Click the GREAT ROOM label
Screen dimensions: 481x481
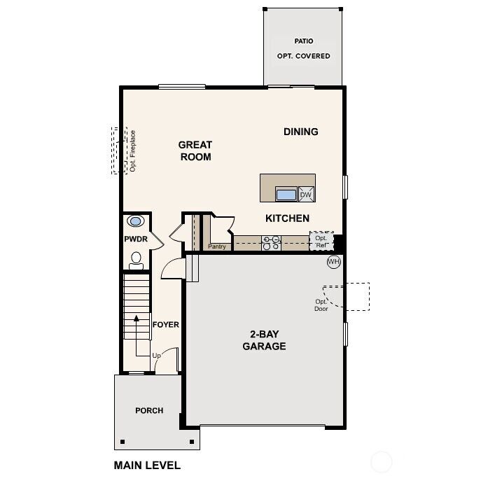pos(195,151)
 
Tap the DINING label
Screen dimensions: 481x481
pos(301,132)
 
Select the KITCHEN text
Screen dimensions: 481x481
pos(287,218)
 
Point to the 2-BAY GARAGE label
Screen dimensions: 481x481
pos(264,340)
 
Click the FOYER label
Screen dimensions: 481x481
pos(166,325)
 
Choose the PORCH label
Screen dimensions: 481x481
pos(149,411)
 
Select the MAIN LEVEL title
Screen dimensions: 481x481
pos(147,465)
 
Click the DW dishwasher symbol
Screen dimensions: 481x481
pos(306,195)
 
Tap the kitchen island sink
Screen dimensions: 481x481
pos(286,195)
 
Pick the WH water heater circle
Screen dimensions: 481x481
pos(333,262)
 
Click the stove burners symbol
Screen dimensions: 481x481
pos(271,242)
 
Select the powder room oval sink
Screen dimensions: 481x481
pos(136,221)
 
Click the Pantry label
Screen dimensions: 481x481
pos(216,246)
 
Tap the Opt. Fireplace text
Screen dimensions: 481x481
pos(132,151)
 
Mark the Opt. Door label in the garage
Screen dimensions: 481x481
pos(321,305)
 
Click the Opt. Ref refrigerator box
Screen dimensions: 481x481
pos(321,242)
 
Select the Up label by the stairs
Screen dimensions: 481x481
pos(156,356)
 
